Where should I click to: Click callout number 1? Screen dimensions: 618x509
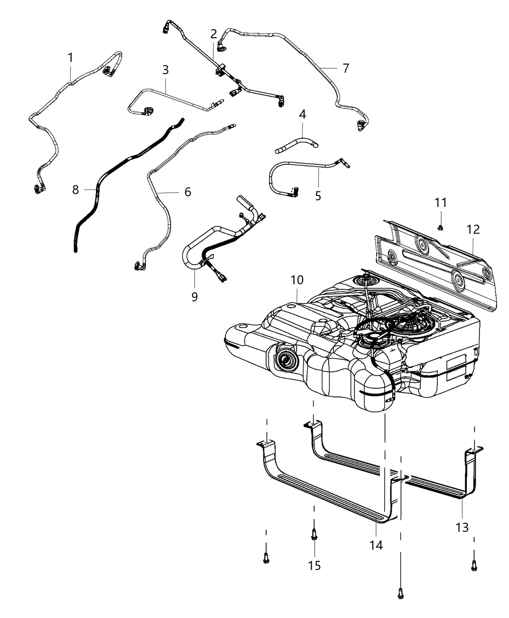click(71, 58)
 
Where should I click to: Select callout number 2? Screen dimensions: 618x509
click(214, 34)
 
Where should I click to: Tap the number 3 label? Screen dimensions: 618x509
click(165, 70)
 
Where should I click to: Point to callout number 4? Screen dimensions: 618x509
click(302, 115)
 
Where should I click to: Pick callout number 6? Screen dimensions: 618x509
click(187, 192)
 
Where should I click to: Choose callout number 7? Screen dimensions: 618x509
click(345, 69)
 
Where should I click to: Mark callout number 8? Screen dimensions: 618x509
click(76, 190)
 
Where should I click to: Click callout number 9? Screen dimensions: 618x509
click(194, 296)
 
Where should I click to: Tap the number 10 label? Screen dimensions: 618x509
click(297, 280)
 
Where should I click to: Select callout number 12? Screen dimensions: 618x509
click(473, 230)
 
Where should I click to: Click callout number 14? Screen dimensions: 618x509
click(376, 545)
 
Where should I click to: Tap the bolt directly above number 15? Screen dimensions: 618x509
click(314, 536)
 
